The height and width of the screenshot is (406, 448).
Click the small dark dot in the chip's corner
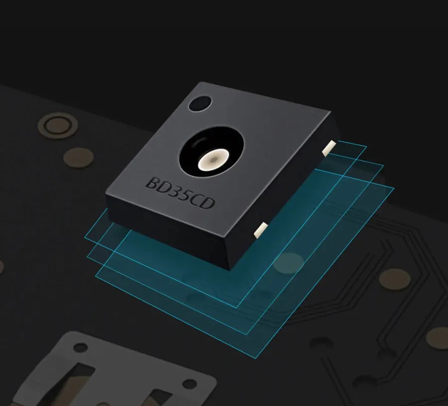coord(200,103)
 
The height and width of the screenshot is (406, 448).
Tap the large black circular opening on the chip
coord(212,151)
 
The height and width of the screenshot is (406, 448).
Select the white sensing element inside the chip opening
coord(214,159)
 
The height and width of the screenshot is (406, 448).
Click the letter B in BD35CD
coord(153,183)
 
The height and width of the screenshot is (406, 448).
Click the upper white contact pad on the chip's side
coord(329,148)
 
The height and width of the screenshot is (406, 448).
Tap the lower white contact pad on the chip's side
coord(260,230)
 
